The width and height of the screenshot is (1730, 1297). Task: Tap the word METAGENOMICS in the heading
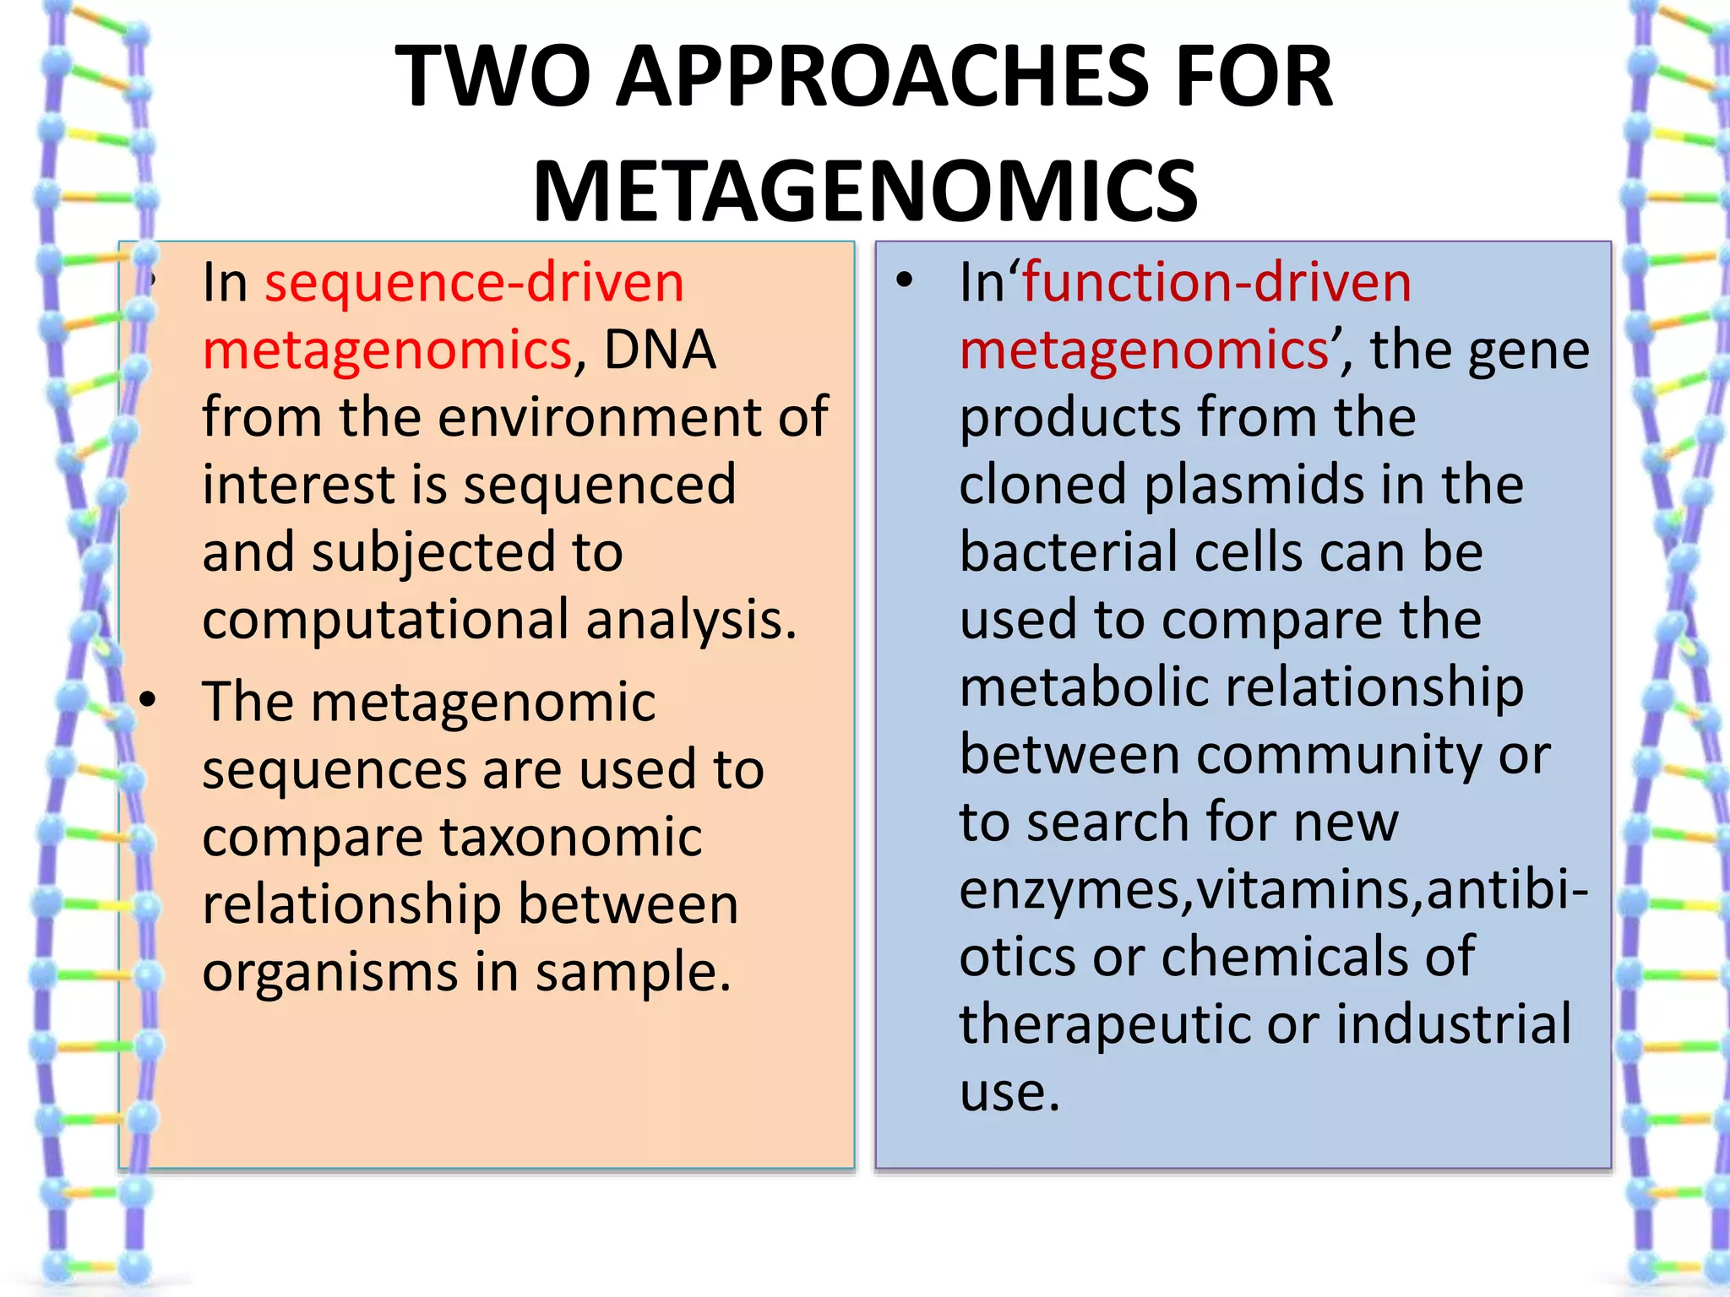(x=865, y=192)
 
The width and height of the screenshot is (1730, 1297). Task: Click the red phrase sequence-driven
(x=474, y=283)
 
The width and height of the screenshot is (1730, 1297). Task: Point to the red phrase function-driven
(x=1217, y=283)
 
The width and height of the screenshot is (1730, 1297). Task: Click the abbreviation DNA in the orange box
(x=660, y=350)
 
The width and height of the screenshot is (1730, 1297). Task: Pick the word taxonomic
(x=571, y=838)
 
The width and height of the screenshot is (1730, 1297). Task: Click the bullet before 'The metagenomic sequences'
(x=149, y=700)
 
